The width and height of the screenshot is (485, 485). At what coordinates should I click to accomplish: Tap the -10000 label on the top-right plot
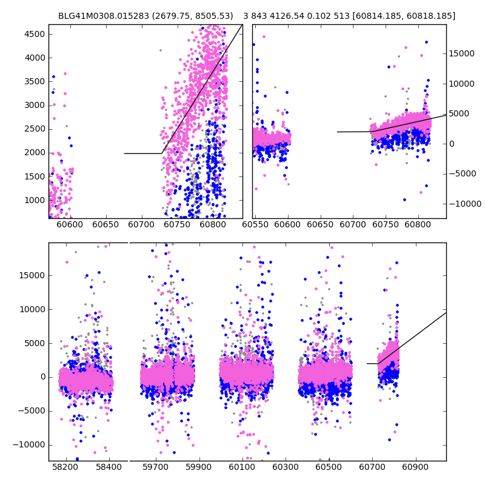pos(465,204)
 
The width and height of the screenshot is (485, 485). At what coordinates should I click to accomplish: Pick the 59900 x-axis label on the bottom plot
pos(198,468)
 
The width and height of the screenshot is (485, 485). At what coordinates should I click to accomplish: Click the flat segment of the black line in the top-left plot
pos(142,153)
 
